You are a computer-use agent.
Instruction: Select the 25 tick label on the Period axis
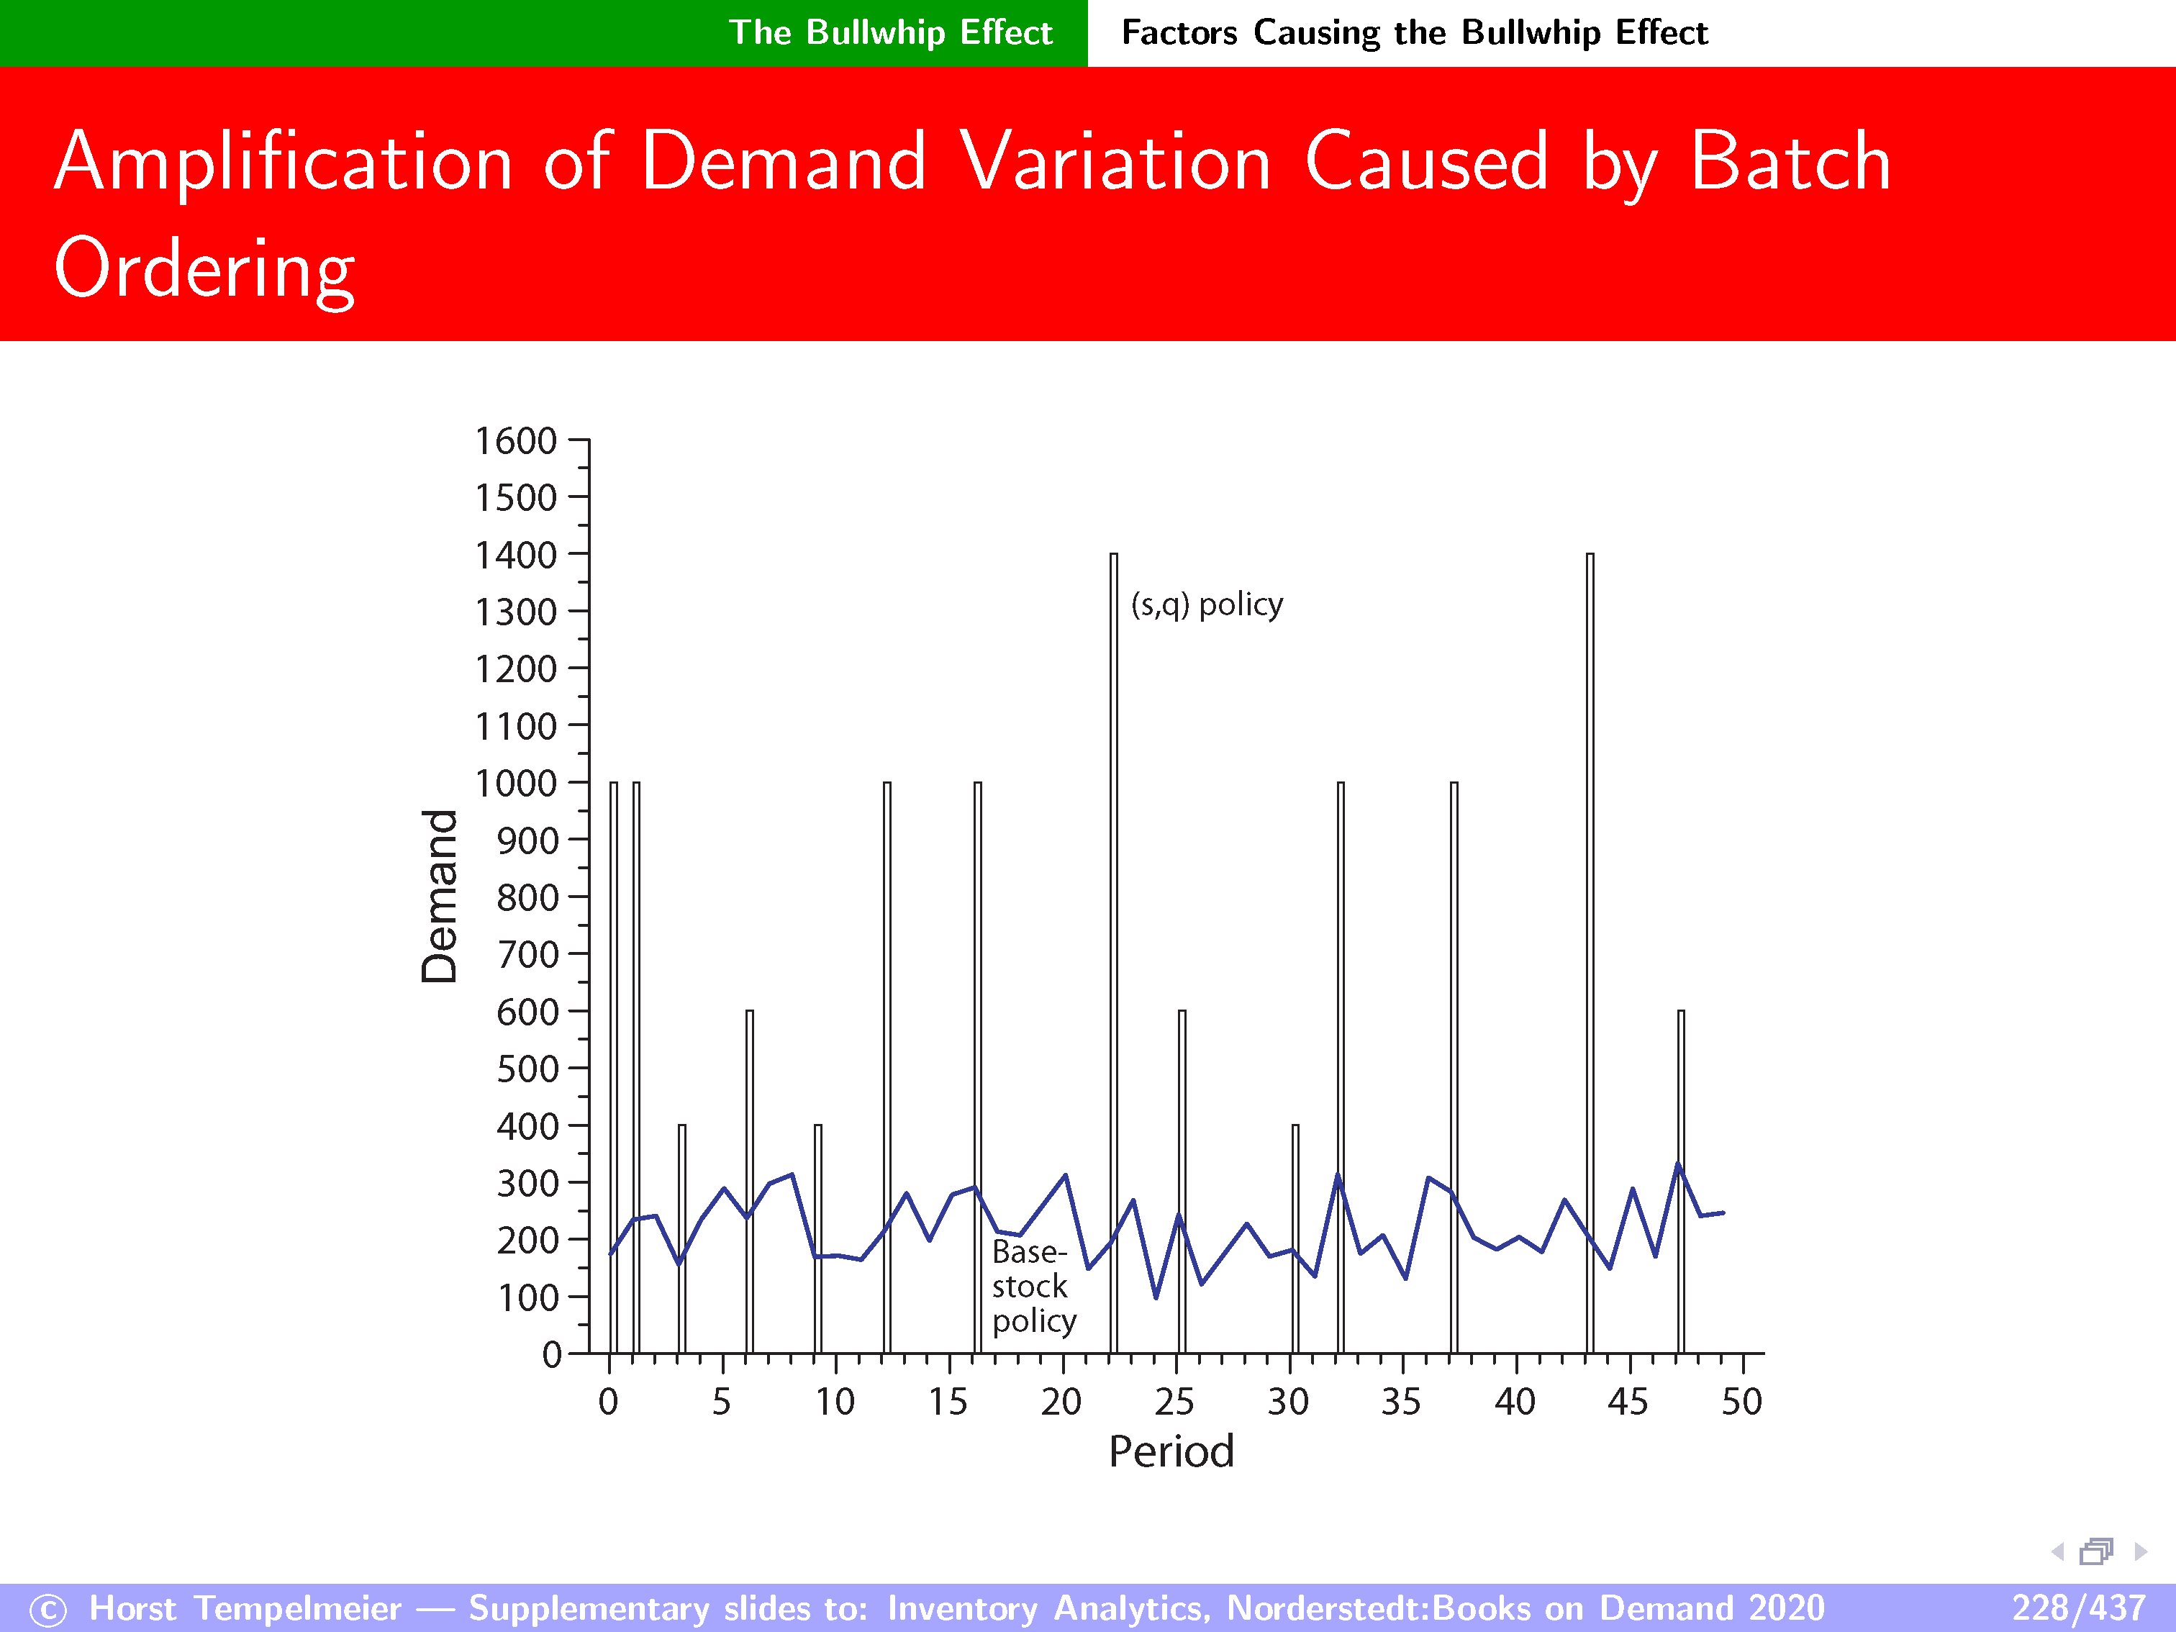tap(1174, 1402)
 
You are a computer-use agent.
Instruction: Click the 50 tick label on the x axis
tap(1741, 1402)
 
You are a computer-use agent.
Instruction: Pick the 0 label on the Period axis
tap(608, 1402)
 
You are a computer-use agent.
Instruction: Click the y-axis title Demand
tap(440, 895)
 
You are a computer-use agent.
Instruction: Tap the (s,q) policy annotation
tap(1206, 604)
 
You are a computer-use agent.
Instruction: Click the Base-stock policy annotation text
tap(1032, 1286)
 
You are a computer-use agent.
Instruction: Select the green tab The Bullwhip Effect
tap(890, 32)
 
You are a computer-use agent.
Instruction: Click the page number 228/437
tap(2077, 1608)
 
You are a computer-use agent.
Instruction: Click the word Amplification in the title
tap(284, 163)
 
